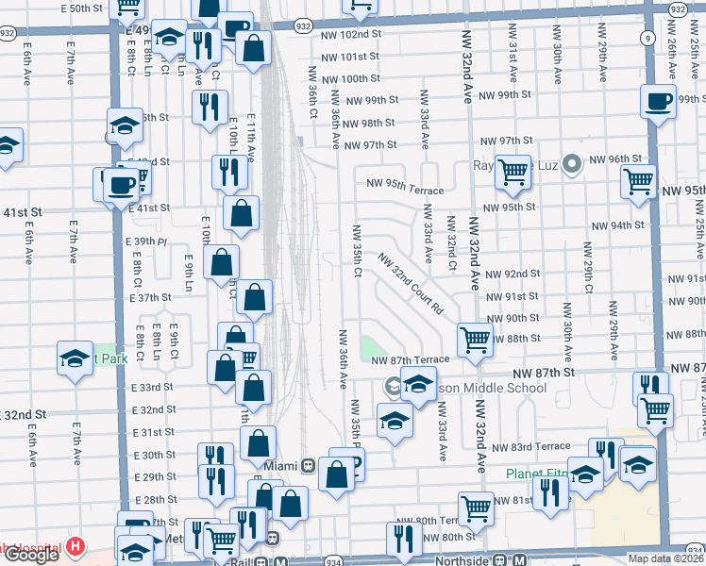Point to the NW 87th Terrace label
click(410, 360)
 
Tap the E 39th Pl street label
click(145, 241)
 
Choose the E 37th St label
click(150, 297)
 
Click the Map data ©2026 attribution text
click(666, 558)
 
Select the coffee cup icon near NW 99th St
click(658, 101)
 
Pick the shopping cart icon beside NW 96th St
click(638, 179)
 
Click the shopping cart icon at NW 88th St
click(475, 339)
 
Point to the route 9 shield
click(647, 38)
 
